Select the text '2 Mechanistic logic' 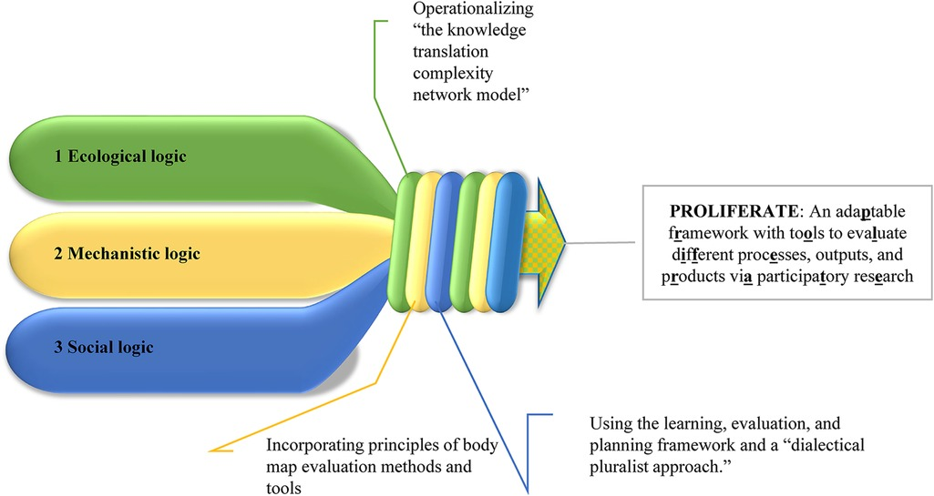pos(127,253)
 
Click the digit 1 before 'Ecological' pos(58,156)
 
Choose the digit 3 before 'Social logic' pos(58,347)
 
